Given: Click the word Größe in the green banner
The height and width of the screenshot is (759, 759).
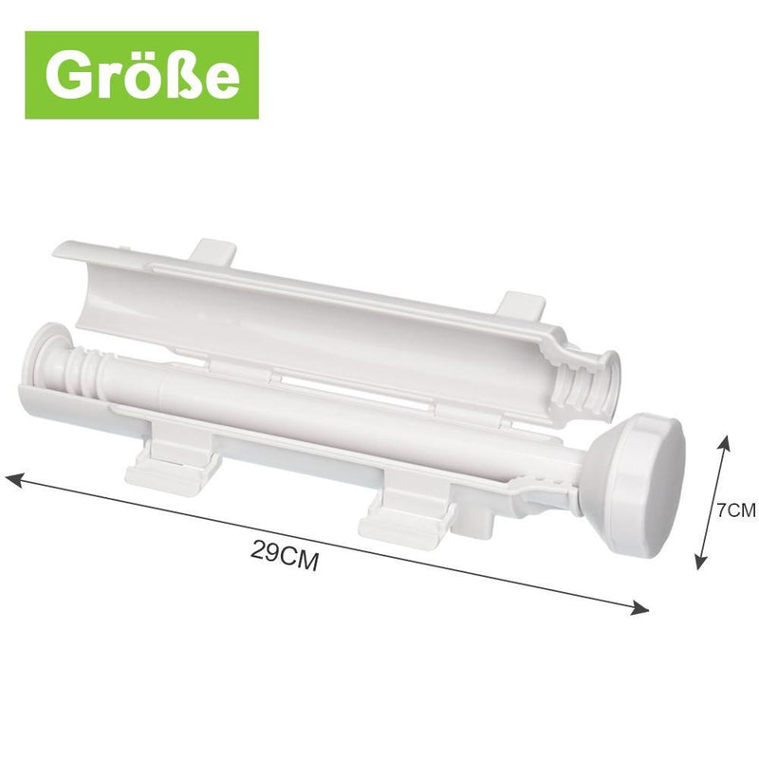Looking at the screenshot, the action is pos(142,76).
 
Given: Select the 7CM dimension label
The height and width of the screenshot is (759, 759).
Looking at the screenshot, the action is pos(736,509).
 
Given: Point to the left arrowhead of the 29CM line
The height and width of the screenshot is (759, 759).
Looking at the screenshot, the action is pos(13,480).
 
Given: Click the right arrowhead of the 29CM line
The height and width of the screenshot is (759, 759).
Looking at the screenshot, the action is pos(639,608).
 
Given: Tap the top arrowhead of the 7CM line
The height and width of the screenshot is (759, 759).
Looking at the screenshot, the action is pos(724,443).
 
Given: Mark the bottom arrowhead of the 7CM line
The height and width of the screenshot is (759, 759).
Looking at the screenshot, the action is pos(699,561).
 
